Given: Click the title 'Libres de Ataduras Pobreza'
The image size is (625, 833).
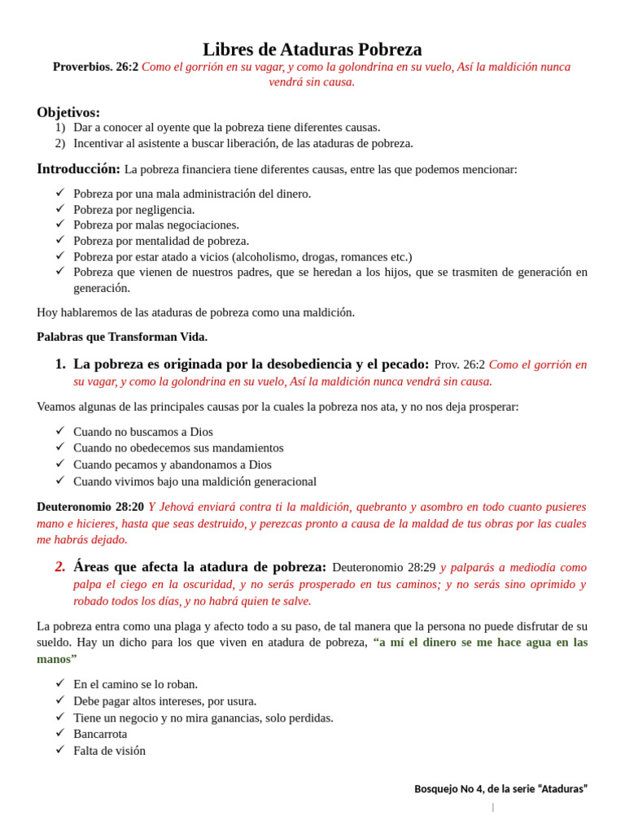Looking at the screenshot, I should pyautogui.click(x=312, y=49).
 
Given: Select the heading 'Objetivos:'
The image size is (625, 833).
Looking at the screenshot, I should pyautogui.click(x=68, y=112).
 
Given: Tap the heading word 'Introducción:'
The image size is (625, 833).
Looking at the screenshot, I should pyautogui.click(x=78, y=169).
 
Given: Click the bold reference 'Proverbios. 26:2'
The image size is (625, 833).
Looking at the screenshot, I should pyautogui.click(x=95, y=67).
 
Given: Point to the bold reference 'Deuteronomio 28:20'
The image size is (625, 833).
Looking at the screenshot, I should pyautogui.click(x=90, y=507).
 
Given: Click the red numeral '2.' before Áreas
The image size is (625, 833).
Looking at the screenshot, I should pyautogui.click(x=60, y=567).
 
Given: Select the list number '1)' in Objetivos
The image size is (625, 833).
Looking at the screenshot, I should pyautogui.click(x=60, y=128).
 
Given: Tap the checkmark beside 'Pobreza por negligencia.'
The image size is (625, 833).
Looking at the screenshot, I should pyautogui.click(x=59, y=209).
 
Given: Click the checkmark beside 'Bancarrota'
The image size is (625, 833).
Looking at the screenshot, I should pyautogui.click(x=59, y=734).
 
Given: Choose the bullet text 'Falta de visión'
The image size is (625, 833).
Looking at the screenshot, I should pyautogui.click(x=109, y=751).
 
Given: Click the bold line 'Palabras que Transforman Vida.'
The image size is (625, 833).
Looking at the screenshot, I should pyautogui.click(x=122, y=337).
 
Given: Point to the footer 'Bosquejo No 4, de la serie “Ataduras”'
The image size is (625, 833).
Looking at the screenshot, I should pyautogui.click(x=500, y=789).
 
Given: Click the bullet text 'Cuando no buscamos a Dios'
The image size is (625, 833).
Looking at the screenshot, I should pyautogui.click(x=143, y=432).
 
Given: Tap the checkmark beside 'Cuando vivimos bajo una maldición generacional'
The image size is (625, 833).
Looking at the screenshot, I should pyautogui.click(x=59, y=481).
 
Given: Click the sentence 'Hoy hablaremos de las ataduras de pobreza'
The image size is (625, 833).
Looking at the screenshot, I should pyautogui.click(x=195, y=312).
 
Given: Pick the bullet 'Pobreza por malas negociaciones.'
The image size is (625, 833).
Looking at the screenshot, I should pyautogui.click(x=156, y=225).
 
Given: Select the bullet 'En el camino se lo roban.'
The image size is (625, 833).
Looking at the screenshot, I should pyautogui.click(x=136, y=685).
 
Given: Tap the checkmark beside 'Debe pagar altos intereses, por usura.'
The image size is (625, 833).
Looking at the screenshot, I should pyautogui.click(x=59, y=700).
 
